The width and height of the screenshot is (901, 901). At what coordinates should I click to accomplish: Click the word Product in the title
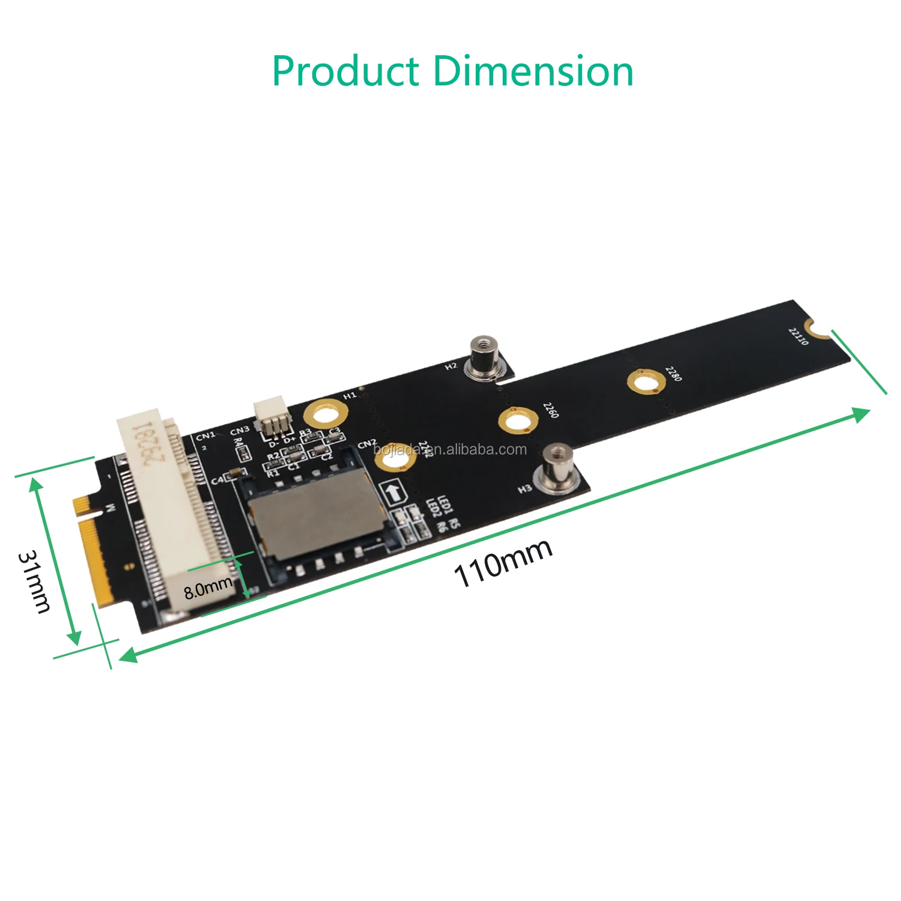[x=345, y=71]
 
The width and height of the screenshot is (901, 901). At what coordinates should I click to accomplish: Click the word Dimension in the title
[x=533, y=71]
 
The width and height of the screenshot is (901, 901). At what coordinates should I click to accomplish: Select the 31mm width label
[x=34, y=581]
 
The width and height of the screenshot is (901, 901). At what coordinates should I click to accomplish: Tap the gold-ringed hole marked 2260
[x=517, y=420]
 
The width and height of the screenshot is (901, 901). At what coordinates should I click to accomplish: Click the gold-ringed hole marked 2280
[x=646, y=383]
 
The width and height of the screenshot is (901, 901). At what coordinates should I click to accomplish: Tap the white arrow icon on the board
[x=394, y=493]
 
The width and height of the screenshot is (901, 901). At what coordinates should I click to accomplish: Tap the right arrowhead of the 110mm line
[x=863, y=413]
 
